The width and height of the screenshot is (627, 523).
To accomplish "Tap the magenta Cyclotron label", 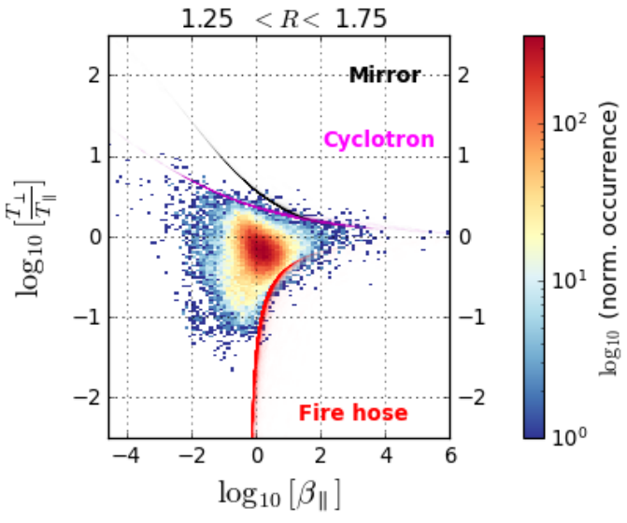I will click(x=378, y=140).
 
